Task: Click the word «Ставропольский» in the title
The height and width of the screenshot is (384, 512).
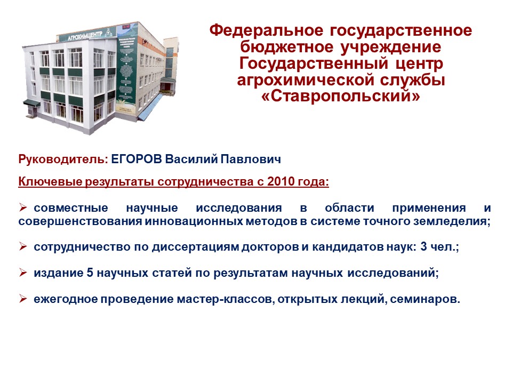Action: (x=341, y=96)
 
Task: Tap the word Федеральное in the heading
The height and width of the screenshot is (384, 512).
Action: (x=266, y=30)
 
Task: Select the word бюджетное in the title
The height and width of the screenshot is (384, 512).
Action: (x=286, y=47)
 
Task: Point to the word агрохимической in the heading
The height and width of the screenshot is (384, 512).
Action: (x=305, y=80)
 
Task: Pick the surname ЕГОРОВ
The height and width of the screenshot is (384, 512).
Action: (x=137, y=159)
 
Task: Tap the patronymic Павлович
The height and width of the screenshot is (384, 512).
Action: (x=251, y=159)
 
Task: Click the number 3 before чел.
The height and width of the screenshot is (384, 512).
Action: (x=423, y=246)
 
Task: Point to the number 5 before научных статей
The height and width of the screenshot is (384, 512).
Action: (x=90, y=273)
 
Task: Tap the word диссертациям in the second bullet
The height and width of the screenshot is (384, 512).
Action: (x=195, y=247)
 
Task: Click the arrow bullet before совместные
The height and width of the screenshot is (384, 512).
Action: (x=22, y=207)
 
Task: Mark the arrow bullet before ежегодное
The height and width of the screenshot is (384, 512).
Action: (x=22, y=299)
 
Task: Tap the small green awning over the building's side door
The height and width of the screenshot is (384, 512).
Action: (x=31, y=103)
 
